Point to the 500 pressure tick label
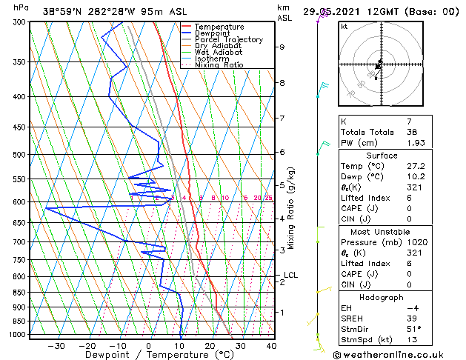coord(20,155)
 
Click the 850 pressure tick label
coord(20,293)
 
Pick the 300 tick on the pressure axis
coord(20,22)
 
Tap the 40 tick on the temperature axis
coord(271,346)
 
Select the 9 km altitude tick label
coord(282,47)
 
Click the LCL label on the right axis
coord(290,276)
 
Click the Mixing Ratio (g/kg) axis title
coord(291,208)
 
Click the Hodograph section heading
coord(382,297)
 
